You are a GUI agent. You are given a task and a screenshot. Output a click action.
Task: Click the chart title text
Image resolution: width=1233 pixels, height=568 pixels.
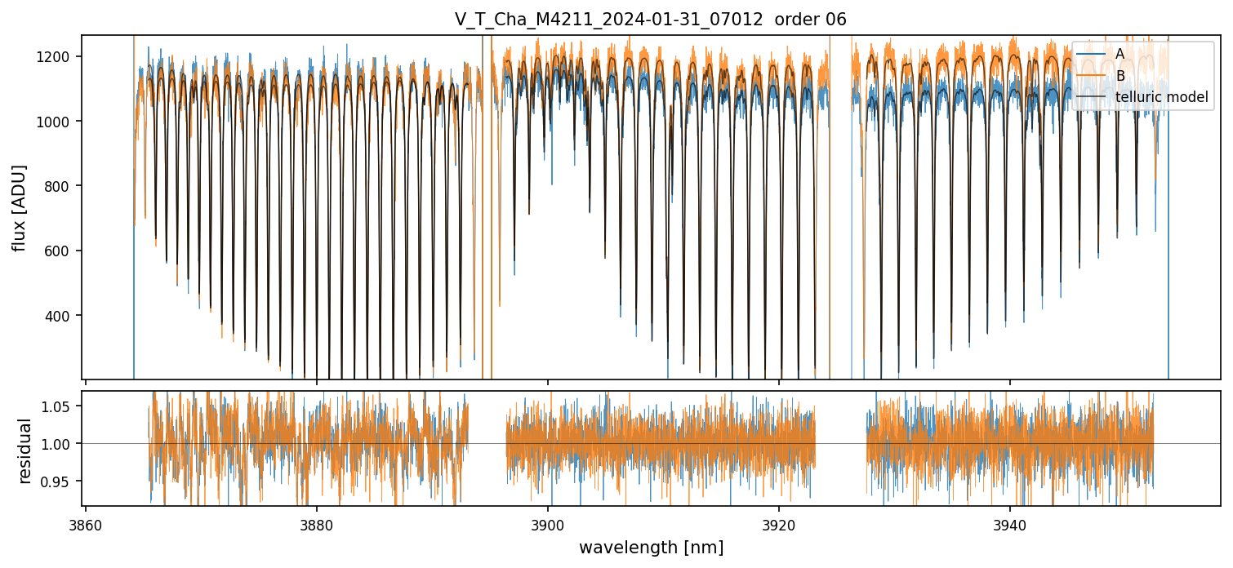pos(650,20)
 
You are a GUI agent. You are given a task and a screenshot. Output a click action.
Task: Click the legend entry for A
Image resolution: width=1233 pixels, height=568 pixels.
pos(1119,54)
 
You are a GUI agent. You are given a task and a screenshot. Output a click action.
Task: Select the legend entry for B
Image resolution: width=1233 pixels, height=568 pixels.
pos(1119,76)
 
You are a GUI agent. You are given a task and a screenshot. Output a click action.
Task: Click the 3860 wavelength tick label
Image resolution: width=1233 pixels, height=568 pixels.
pos(86,526)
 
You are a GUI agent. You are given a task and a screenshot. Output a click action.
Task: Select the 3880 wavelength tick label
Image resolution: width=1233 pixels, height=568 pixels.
pos(317,526)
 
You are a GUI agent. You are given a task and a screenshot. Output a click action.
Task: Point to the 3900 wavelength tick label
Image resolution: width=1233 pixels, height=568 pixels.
pos(548,526)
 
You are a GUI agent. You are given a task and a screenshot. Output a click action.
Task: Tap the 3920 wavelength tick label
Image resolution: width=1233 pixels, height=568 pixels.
pos(779,526)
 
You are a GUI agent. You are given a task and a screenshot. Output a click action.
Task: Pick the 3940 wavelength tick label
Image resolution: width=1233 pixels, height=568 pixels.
pos(1010,526)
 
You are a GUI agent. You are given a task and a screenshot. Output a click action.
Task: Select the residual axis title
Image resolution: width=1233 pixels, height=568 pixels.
pos(25,450)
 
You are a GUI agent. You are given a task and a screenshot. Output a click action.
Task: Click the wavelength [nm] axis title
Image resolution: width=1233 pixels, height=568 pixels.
pos(651,548)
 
